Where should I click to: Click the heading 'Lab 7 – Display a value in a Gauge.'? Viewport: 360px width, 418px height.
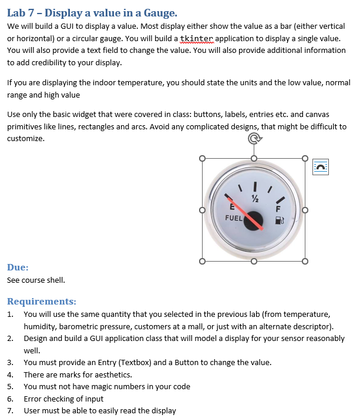92,12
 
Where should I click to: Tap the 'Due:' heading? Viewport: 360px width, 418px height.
18,267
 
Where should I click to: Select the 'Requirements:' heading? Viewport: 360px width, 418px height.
42,301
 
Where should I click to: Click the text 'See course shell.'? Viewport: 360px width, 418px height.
36,280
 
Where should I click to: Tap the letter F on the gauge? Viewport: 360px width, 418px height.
278,208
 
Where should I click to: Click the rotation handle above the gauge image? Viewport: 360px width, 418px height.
254,139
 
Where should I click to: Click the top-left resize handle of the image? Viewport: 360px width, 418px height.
203,158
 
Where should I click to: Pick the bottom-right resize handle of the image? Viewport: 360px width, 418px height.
305,261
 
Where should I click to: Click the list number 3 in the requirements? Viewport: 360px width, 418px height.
10,362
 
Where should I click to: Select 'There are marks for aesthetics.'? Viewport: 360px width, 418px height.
78,374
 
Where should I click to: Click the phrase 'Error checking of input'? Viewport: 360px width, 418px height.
63,399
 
